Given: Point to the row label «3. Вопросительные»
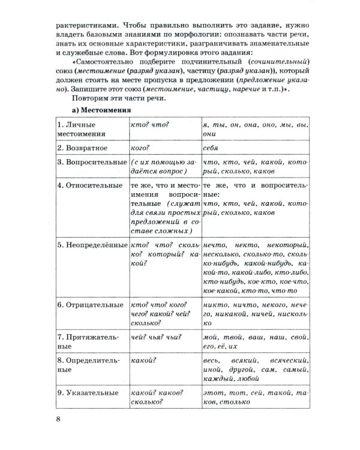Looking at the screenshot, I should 91,163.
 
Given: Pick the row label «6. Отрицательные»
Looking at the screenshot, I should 90,305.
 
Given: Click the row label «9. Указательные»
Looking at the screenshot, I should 88,393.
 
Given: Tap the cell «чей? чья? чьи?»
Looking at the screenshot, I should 155,337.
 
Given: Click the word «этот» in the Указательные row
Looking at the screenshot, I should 214,393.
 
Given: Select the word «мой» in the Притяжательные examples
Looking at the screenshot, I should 211,337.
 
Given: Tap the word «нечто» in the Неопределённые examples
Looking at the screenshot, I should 215,245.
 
